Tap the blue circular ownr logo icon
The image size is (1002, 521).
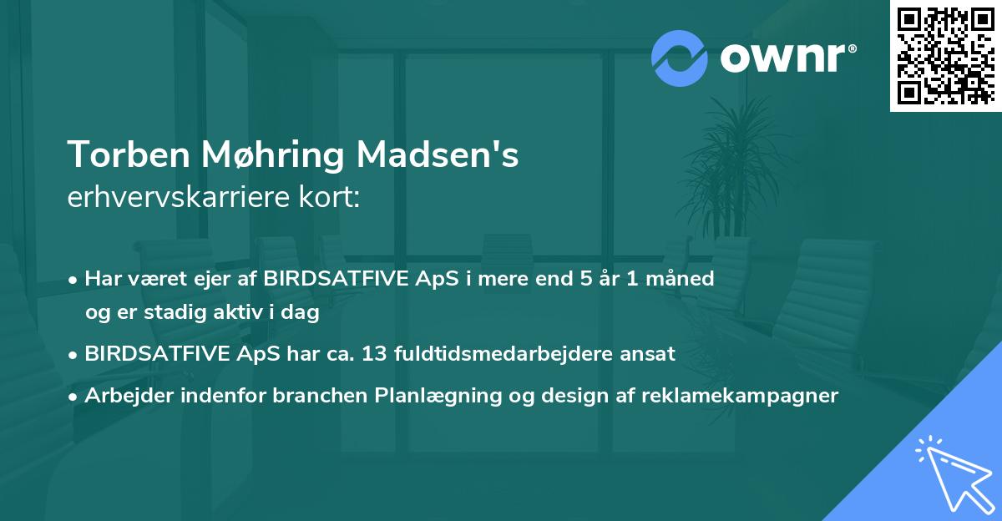679,58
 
